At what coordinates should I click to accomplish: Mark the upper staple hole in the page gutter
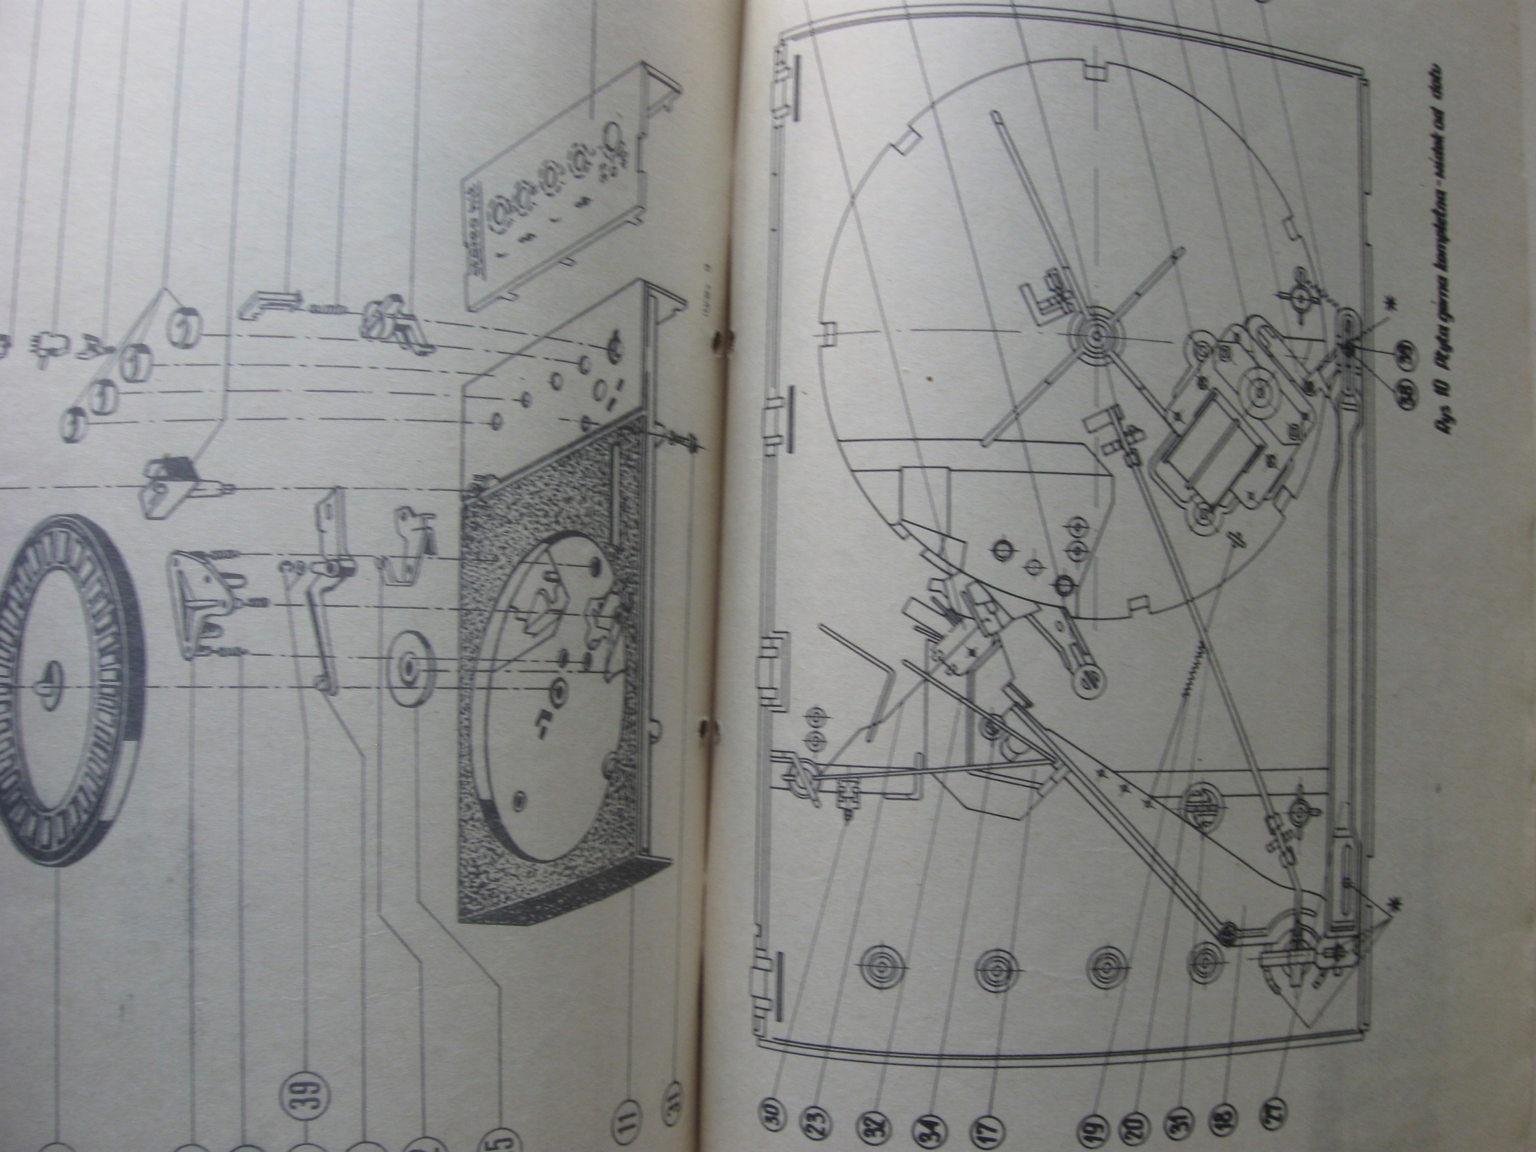(x=719, y=338)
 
